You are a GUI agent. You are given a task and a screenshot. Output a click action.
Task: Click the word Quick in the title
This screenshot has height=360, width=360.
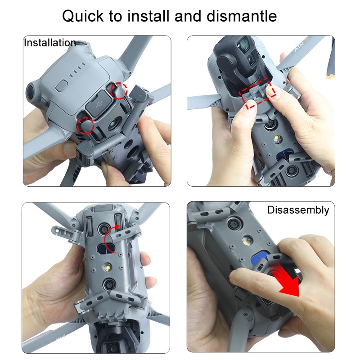pos(83,17)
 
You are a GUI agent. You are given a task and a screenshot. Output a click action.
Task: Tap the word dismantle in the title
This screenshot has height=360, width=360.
pos(242,16)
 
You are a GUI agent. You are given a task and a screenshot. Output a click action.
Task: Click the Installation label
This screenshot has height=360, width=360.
pos(50,43)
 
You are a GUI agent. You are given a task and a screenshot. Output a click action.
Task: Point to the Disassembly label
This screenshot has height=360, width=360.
pos(298,210)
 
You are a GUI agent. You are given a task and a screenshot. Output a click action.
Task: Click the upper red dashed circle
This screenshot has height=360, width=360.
pos(119,91)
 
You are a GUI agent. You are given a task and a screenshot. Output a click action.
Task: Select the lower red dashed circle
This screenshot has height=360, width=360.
pos(85,126)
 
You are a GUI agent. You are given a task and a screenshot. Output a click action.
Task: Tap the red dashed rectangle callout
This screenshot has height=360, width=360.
pos(257,93)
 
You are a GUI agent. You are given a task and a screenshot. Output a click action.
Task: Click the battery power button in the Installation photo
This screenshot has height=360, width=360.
pos(62,86)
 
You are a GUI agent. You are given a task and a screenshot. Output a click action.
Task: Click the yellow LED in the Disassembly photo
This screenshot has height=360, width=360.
pos(246,242)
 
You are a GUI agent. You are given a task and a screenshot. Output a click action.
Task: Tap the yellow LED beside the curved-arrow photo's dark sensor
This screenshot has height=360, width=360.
pos(107,267)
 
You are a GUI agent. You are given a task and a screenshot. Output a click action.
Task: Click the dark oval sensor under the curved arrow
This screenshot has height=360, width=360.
pos(107,249)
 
